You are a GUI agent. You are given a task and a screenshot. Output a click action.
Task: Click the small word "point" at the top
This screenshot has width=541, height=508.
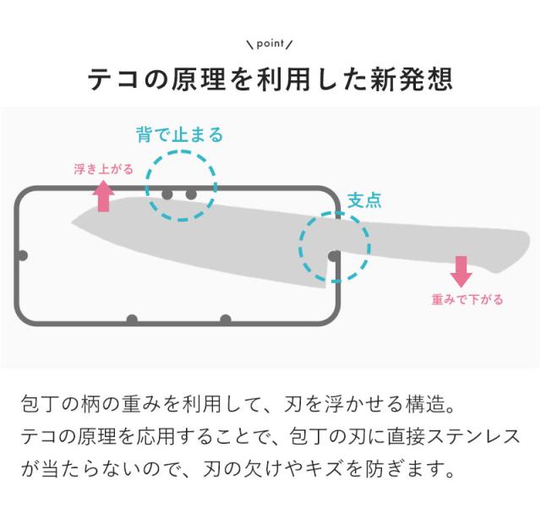[x=270, y=42]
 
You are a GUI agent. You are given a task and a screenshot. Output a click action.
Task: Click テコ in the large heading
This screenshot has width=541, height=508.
[x=107, y=81]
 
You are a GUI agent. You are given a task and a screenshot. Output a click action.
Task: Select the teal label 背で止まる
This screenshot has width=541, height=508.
[x=179, y=135]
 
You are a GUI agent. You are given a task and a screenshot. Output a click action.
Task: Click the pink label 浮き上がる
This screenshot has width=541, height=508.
[x=103, y=169]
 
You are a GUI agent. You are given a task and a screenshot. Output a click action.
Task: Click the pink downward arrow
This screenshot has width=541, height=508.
[x=461, y=270]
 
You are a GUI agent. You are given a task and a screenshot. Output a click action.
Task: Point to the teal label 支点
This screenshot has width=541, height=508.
[x=364, y=200]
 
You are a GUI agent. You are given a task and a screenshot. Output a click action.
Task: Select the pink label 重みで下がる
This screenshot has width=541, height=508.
[x=467, y=298]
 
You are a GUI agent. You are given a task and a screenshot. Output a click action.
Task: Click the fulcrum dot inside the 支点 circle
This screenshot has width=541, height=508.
[x=335, y=254]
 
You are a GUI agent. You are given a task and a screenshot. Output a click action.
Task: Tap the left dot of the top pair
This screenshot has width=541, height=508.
[x=167, y=194]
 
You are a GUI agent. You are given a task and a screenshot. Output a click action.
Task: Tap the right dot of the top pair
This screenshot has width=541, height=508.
[x=191, y=194]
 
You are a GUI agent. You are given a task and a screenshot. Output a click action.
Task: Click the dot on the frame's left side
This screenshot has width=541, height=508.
[x=23, y=254]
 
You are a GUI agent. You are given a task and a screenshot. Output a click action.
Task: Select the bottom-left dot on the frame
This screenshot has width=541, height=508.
[x=132, y=320]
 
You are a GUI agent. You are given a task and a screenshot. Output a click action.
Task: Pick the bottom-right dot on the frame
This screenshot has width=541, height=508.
[x=225, y=320]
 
